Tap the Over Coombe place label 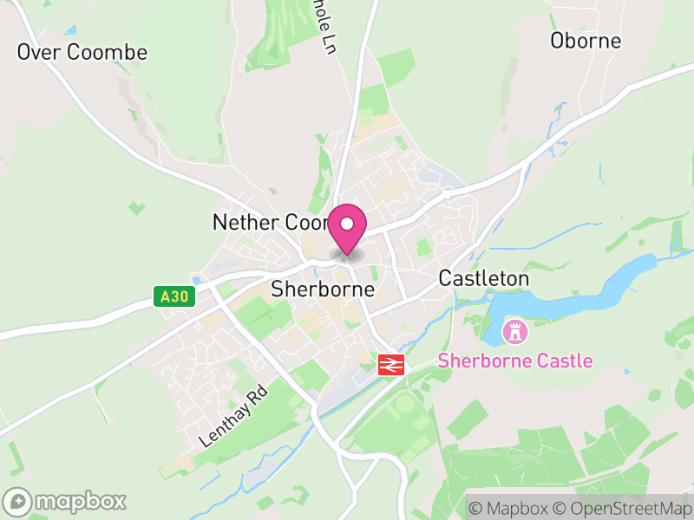pyautogui.click(x=82, y=52)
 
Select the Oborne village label pyautogui.click(x=586, y=41)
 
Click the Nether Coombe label pyautogui.click(x=269, y=223)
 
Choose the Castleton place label pyautogui.click(x=484, y=278)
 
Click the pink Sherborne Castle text pyautogui.click(x=515, y=361)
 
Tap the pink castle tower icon pyautogui.click(x=515, y=331)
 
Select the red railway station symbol pyautogui.click(x=391, y=365)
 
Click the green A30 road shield pyautogui.click(x=172, y=296)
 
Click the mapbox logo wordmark pyautogui.click(x=80, y=501)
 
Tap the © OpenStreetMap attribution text pyautogui.click(x=625, y=508)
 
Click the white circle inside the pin pyautogui.click(x=347, y=224)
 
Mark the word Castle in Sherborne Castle pyautogui.click(x=563, y=361)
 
